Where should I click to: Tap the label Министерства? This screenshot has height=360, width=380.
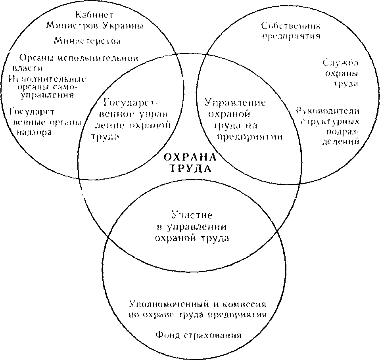[x=87, y=40]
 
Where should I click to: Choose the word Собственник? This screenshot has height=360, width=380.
[x=291, y=26]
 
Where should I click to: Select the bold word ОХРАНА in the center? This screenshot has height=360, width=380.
[x=190, y=157]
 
